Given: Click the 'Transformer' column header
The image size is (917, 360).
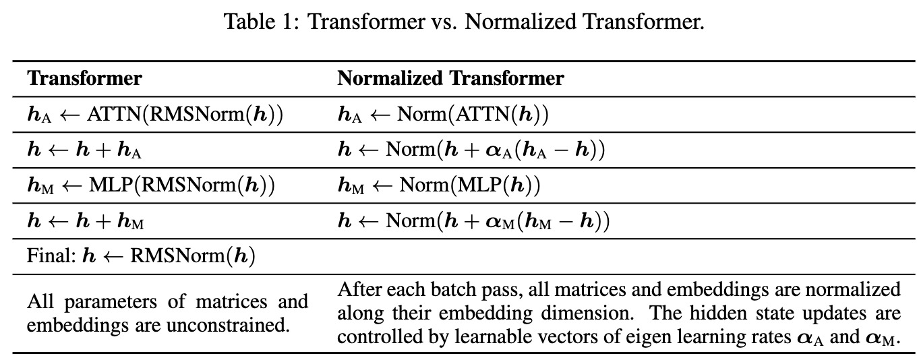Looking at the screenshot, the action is point(85,78).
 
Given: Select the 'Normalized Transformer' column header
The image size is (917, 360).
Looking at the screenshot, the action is point(450,78).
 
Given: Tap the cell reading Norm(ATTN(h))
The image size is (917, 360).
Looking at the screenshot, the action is point(444,114).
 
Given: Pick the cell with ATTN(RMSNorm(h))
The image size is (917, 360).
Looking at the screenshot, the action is point(155,114).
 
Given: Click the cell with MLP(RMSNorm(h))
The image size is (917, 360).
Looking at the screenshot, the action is point(151,185).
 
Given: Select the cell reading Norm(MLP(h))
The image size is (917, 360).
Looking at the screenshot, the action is point(439,185).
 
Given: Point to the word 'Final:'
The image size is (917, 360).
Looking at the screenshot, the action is point(51,256).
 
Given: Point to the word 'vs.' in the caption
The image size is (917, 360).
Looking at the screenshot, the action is point(444,22).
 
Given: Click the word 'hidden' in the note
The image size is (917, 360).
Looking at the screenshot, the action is point(714,313).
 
